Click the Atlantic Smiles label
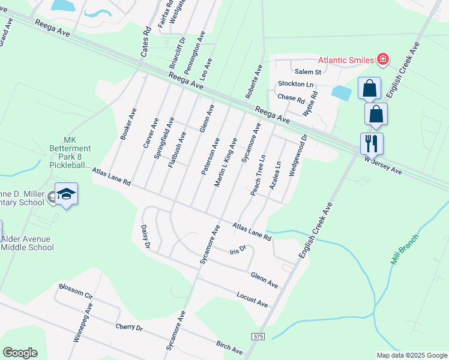pos(345,60)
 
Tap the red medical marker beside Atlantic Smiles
pos(382,59)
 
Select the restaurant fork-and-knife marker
pos(370,143)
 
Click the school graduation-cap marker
pos(67,194)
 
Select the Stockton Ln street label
pos(295,84)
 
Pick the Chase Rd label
pos(291,97)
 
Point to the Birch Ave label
pos(229,347)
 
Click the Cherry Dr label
pos(129,328)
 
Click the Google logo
pos(20,353)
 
